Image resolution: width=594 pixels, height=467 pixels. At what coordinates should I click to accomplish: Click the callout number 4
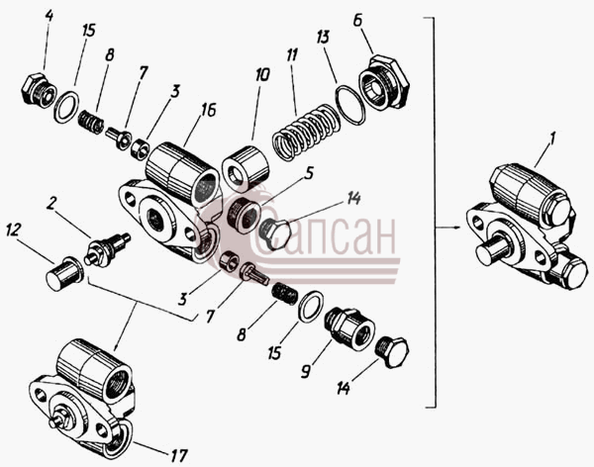point(49,16)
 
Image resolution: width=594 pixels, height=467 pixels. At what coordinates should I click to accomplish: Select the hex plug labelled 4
point(39,89)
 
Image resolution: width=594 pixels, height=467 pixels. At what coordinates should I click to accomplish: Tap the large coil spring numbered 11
point(306,131)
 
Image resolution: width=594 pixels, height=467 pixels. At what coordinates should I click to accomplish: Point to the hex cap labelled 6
point(383,82)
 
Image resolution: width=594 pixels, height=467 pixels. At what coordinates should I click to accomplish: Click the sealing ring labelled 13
point(350,105)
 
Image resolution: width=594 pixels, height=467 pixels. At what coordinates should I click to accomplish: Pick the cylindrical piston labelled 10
point(246,166)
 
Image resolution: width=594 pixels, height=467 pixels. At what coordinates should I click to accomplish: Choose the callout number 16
point(208,110)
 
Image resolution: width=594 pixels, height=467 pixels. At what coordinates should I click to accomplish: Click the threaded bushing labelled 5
point(245,214)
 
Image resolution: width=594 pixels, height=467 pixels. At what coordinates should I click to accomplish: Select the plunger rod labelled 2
point(107,249)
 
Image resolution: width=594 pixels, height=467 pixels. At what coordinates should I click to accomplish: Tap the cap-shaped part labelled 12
point(64,273)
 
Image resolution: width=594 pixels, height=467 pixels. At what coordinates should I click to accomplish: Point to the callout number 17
point(178,455)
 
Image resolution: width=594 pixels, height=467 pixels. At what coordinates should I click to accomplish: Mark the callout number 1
point(551,140)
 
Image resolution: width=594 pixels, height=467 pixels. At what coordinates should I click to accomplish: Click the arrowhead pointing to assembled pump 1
point(456,228)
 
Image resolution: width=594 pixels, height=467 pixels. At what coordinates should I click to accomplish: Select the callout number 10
point(262,74)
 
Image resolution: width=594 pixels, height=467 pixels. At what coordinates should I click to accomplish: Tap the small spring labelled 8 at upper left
point(91,122)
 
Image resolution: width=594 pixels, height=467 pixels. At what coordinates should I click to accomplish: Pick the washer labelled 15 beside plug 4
point(67,107)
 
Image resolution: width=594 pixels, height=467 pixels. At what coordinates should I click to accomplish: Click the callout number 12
point(13,231)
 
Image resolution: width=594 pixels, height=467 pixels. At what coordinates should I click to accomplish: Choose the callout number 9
point(305,371)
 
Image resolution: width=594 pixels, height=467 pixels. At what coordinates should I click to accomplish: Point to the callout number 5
point(309,174)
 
